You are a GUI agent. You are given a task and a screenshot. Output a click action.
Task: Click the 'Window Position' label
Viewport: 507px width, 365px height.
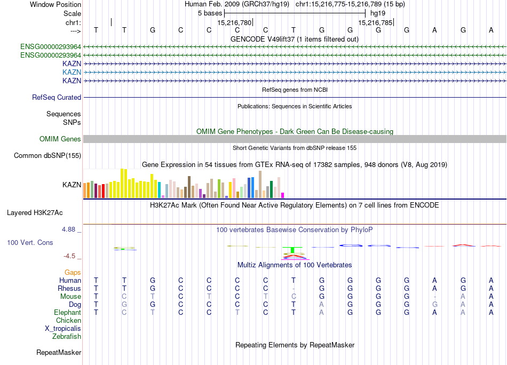(56, 4)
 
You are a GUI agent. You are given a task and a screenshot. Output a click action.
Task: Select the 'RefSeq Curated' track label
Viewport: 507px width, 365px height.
(57, 98)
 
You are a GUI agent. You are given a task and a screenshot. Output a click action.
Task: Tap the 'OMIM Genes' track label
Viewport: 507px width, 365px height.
(60, 139)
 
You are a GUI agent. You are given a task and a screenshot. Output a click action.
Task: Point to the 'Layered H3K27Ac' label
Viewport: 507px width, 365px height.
(35, 212)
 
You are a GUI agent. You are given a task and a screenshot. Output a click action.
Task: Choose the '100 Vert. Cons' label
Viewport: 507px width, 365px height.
(30, 243)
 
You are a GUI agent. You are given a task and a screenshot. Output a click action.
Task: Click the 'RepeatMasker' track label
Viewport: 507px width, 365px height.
(59, 353)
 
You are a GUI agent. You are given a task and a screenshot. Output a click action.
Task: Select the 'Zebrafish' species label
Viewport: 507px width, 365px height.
(67, 337)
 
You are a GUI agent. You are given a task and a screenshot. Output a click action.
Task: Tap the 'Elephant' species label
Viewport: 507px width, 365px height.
(67, 313)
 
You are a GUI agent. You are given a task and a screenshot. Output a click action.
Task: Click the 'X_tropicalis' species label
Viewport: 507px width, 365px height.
(63, 329)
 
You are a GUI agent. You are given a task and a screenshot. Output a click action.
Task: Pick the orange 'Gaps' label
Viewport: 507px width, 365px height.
(73, 273)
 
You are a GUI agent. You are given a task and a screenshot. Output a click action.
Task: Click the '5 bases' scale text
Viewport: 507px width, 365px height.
(209, 13)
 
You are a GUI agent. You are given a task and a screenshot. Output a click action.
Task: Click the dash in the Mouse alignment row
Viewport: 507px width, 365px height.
(435, 297)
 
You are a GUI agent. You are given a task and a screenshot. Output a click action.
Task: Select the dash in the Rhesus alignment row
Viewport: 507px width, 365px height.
(294, 289)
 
